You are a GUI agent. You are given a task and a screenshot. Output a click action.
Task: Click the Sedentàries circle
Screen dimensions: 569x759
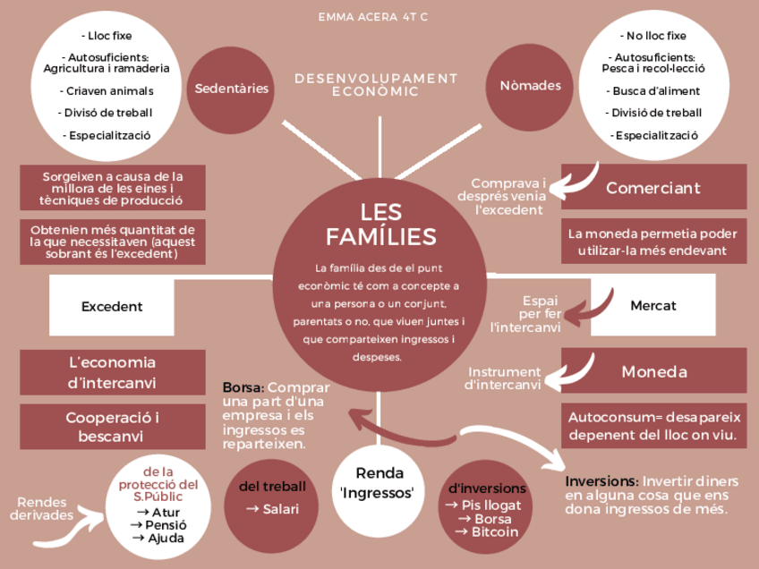click(232, 88)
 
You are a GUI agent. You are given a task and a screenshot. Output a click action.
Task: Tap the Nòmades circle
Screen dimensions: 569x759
click(530, 86)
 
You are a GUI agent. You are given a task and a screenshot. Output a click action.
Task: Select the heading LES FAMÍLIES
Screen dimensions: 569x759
click(380, 225)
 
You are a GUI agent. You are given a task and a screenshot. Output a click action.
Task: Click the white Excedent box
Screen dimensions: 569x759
click(112, 306)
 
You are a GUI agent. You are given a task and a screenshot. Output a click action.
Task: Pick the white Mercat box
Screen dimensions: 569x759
click(652, 305)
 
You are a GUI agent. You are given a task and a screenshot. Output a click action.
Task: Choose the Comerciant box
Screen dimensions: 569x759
click(652, 188)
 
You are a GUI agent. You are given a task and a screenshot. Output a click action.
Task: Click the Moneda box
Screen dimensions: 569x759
click(653, 371)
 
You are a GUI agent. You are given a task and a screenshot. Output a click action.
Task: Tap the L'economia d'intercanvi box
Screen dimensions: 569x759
click(112, 372)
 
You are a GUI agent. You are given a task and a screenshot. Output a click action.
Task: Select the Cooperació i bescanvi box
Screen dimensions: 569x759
click(112, 427)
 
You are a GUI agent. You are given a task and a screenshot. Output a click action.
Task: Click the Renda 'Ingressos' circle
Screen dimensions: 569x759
click(379, 483)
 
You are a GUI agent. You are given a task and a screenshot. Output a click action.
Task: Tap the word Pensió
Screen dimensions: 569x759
click(153, 524)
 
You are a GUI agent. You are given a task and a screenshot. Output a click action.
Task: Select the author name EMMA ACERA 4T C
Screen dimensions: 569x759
click(379, 17)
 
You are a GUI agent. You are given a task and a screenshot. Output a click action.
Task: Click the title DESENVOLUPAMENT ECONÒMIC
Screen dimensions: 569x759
click(376, 85)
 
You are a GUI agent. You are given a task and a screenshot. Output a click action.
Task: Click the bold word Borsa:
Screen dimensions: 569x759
click(243, 388)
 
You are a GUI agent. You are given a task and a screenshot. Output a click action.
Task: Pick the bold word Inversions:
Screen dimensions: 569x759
click(601, 481)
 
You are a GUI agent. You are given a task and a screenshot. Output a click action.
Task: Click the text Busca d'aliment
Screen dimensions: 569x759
click(656, 90)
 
